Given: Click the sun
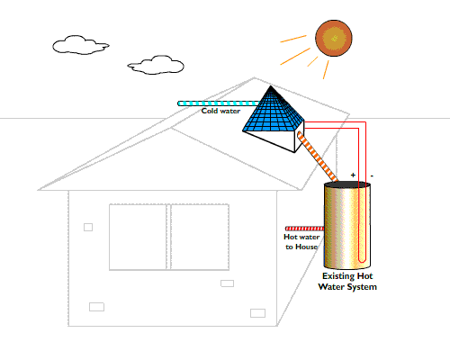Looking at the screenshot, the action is coord(334,38).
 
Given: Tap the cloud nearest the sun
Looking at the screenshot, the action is coord(156,65).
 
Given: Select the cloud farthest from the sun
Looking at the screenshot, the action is coord(80,45).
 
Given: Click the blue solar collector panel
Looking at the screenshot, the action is coord(273,112).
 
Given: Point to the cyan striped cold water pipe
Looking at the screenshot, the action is coord(219,103).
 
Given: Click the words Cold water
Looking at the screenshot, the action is coord(220,111).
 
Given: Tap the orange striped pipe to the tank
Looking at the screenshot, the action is coord(318,157).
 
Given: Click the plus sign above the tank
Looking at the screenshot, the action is coord(353,175).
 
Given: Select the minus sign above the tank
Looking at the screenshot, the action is coord(372,175).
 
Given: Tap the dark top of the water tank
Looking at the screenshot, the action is coord(347,184).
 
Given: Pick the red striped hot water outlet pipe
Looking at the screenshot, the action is coord(304,229).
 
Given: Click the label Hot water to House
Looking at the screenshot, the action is coord(301,242).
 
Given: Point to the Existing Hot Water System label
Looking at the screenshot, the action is coord(347,281).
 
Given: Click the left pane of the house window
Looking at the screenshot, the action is coord(138,237).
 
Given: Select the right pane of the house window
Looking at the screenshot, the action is coord(200,237).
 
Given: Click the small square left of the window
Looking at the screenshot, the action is coord(88,227).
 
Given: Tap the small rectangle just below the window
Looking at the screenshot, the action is coord(227,283).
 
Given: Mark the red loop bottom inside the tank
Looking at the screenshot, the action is coord(363,260).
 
